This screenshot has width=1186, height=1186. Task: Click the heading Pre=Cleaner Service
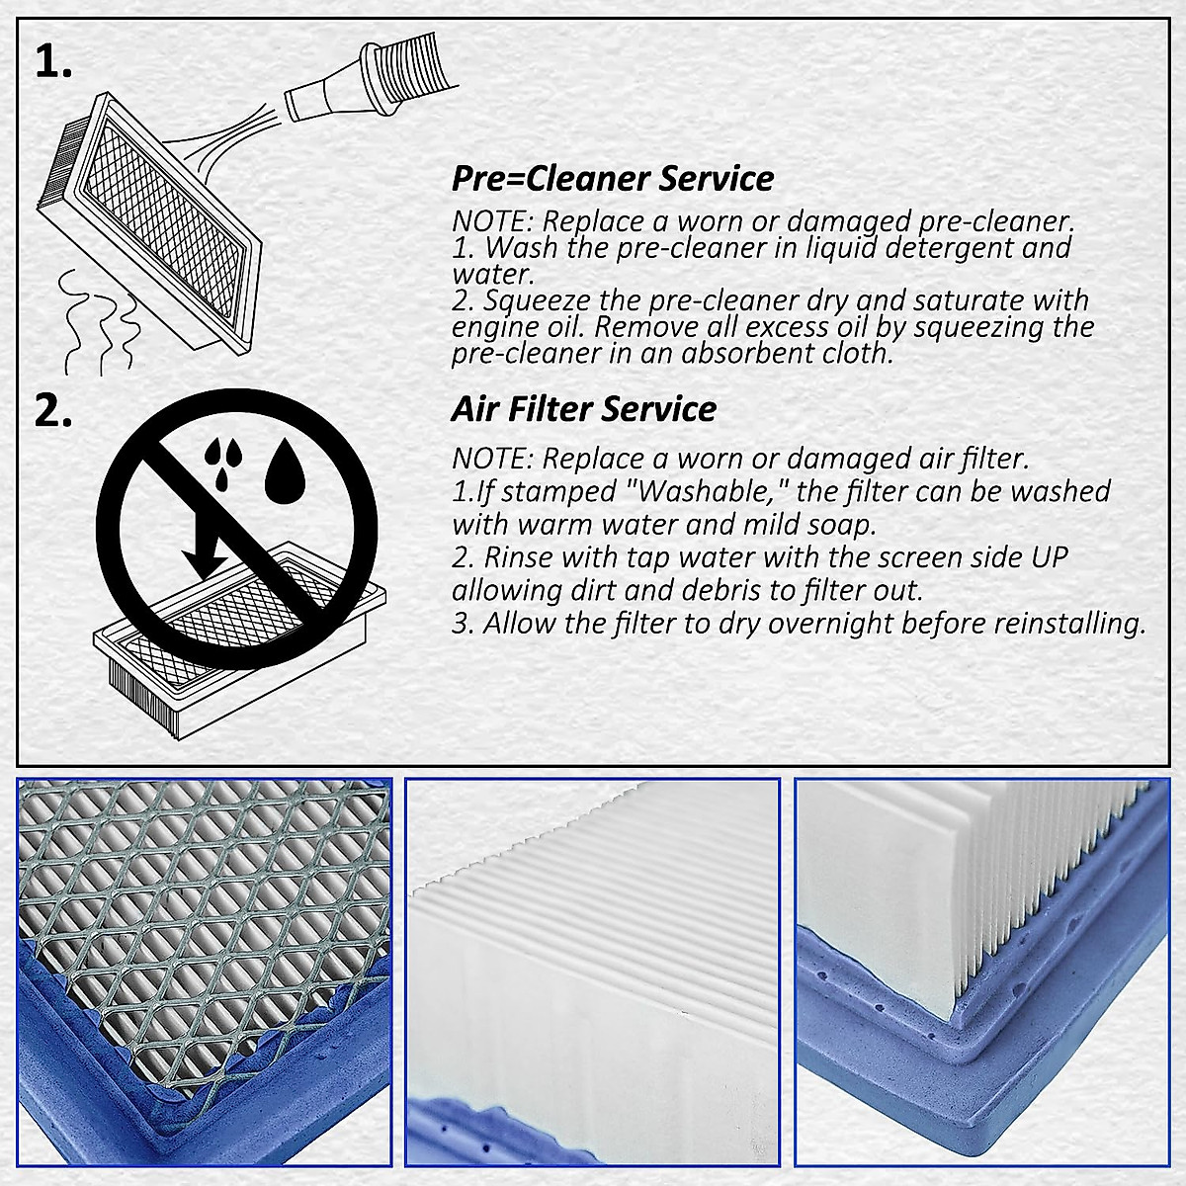[x=613, y=179]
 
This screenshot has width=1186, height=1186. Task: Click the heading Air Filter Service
[x=584, y=409]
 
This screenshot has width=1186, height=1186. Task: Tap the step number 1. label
[x=53, y=63]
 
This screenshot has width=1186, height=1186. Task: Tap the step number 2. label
[x=53, y=412]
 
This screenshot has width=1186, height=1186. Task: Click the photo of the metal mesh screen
[x=205, y=973]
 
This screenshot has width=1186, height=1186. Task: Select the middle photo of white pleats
[x=593, y=973]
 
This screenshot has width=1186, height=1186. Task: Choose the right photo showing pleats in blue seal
[x=981, y=973]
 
